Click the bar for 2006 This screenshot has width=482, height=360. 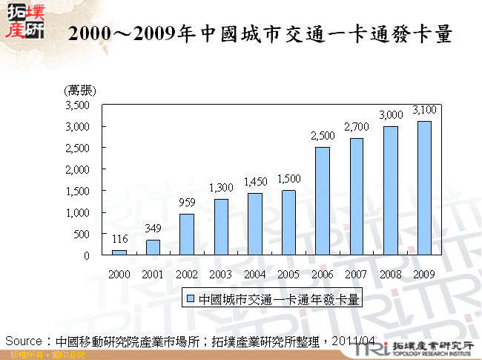point(323,201)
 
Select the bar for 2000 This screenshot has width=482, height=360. point(119,252)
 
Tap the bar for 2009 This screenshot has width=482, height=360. point(424,189)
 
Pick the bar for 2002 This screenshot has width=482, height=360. point(187,235)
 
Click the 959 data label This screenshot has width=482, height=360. point(187,202)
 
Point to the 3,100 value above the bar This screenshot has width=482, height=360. point(424,110)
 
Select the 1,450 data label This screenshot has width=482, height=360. point(254,181)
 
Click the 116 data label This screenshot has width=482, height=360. point(119,238)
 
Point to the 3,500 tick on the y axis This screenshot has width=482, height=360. point(77,105)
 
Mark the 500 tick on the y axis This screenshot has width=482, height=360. point(82,234)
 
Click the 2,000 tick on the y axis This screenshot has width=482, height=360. point(77,169)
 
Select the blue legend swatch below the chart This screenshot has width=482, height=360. point(191,299)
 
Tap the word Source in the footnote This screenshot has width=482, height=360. point(23,341)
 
